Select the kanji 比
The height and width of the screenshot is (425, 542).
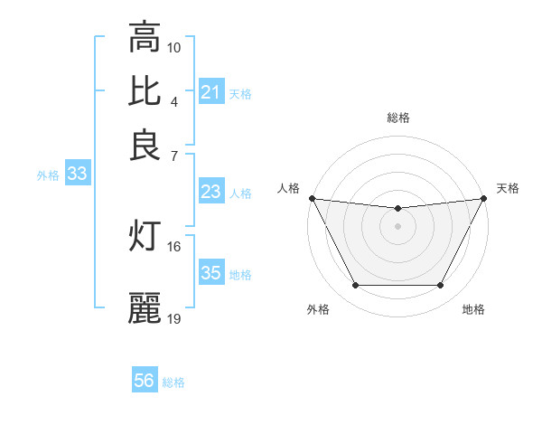145,91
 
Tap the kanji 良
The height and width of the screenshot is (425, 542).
145,146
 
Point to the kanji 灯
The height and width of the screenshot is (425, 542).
145,235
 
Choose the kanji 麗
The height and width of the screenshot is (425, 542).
145,308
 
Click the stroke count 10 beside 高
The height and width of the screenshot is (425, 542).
174,47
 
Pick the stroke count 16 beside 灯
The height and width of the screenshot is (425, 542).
174,246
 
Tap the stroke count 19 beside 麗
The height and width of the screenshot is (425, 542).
174,318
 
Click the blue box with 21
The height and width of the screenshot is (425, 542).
211,92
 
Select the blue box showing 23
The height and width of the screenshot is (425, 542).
211,192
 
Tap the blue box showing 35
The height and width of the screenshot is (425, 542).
211,273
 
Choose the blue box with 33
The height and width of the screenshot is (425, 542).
77,175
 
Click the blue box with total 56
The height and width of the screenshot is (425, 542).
145,382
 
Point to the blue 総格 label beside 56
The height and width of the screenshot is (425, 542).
173,382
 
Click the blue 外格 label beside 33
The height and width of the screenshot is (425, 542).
47,175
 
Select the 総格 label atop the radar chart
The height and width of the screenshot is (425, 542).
398,118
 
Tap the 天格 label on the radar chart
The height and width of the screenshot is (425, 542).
508,188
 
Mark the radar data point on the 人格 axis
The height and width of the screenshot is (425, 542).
312,198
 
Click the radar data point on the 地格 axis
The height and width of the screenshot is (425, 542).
441,286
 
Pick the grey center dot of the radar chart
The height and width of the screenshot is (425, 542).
398,226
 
